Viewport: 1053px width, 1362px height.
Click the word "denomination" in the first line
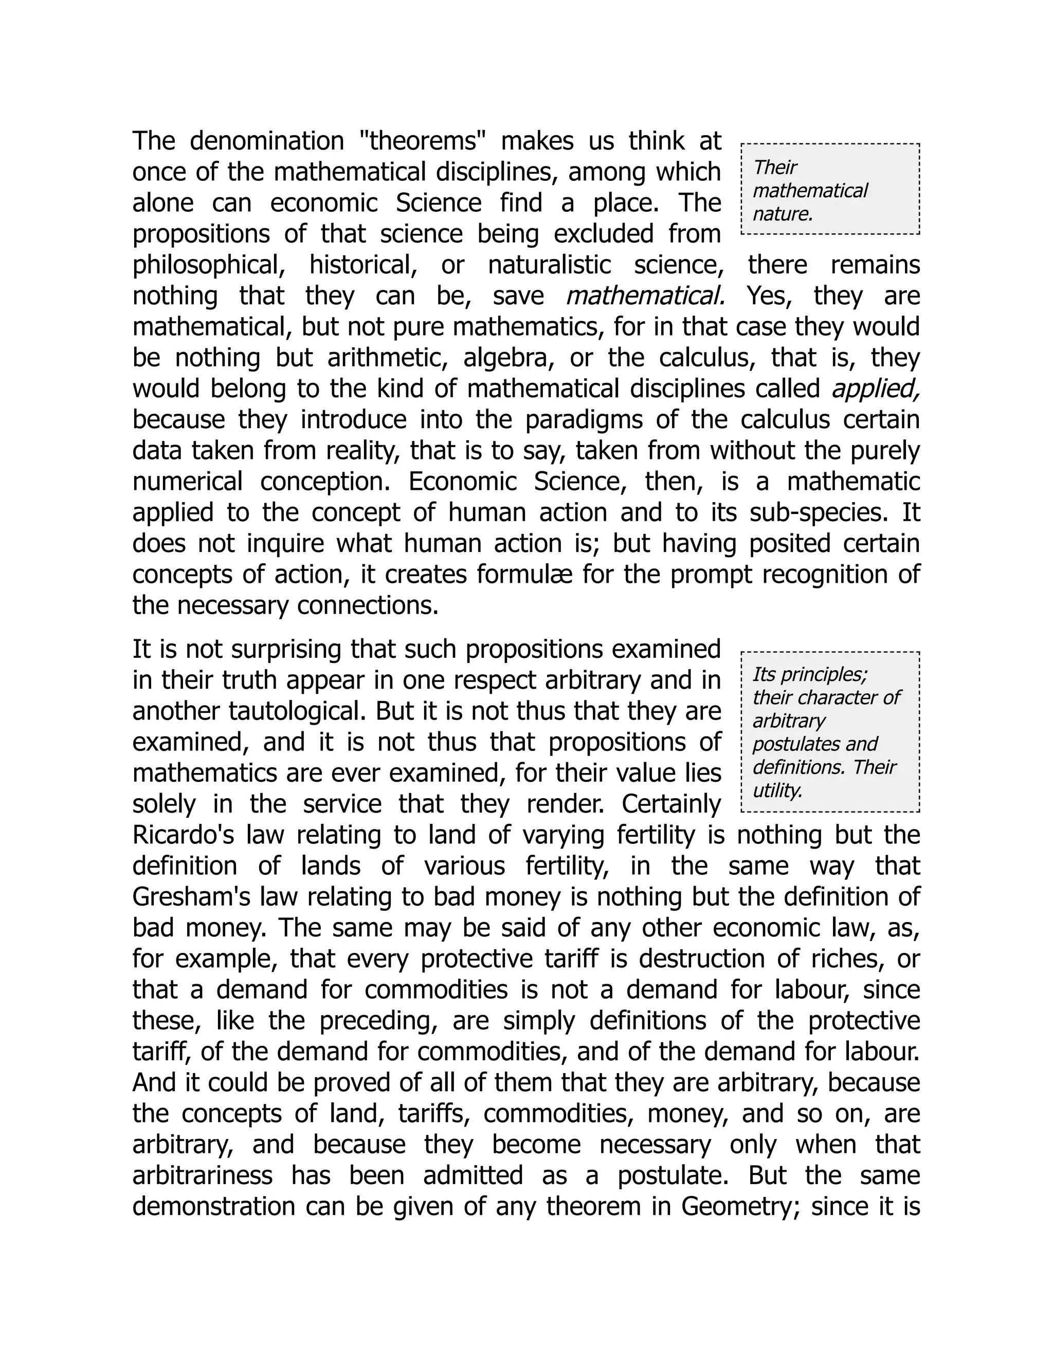pyautogui.click(x=266, y=141)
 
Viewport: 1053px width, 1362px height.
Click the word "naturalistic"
pyautogui.click(x=549, y=266)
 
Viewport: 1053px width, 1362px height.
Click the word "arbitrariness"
pyautogui.click(x=203, y=1176)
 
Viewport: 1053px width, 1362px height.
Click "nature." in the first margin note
pyautogui.click(x=783, y=214)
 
